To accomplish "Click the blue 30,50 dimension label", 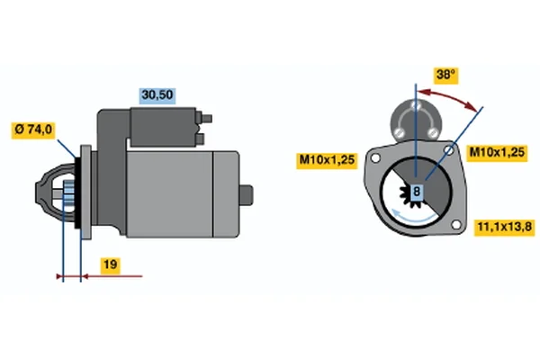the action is coord(157,95).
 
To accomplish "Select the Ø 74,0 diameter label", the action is coord(33,130).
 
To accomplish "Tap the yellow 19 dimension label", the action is coord(110,265).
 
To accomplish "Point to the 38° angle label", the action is coord(445,75).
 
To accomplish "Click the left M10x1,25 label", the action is coord(328,160).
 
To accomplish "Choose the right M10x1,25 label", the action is coord(497,152).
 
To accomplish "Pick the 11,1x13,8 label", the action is coord(505,227).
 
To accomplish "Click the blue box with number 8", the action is coord(417,191).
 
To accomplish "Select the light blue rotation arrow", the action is coord(413,218).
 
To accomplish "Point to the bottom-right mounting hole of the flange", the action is coord(456,225).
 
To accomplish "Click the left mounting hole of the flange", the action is coord(375,158).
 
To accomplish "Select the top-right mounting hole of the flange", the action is coord(449,150).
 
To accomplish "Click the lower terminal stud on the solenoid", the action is coord(200,139).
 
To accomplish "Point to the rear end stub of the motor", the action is coord(247,195).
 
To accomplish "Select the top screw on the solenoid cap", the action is coord(417,105).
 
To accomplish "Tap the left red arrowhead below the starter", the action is coord(60,276).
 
